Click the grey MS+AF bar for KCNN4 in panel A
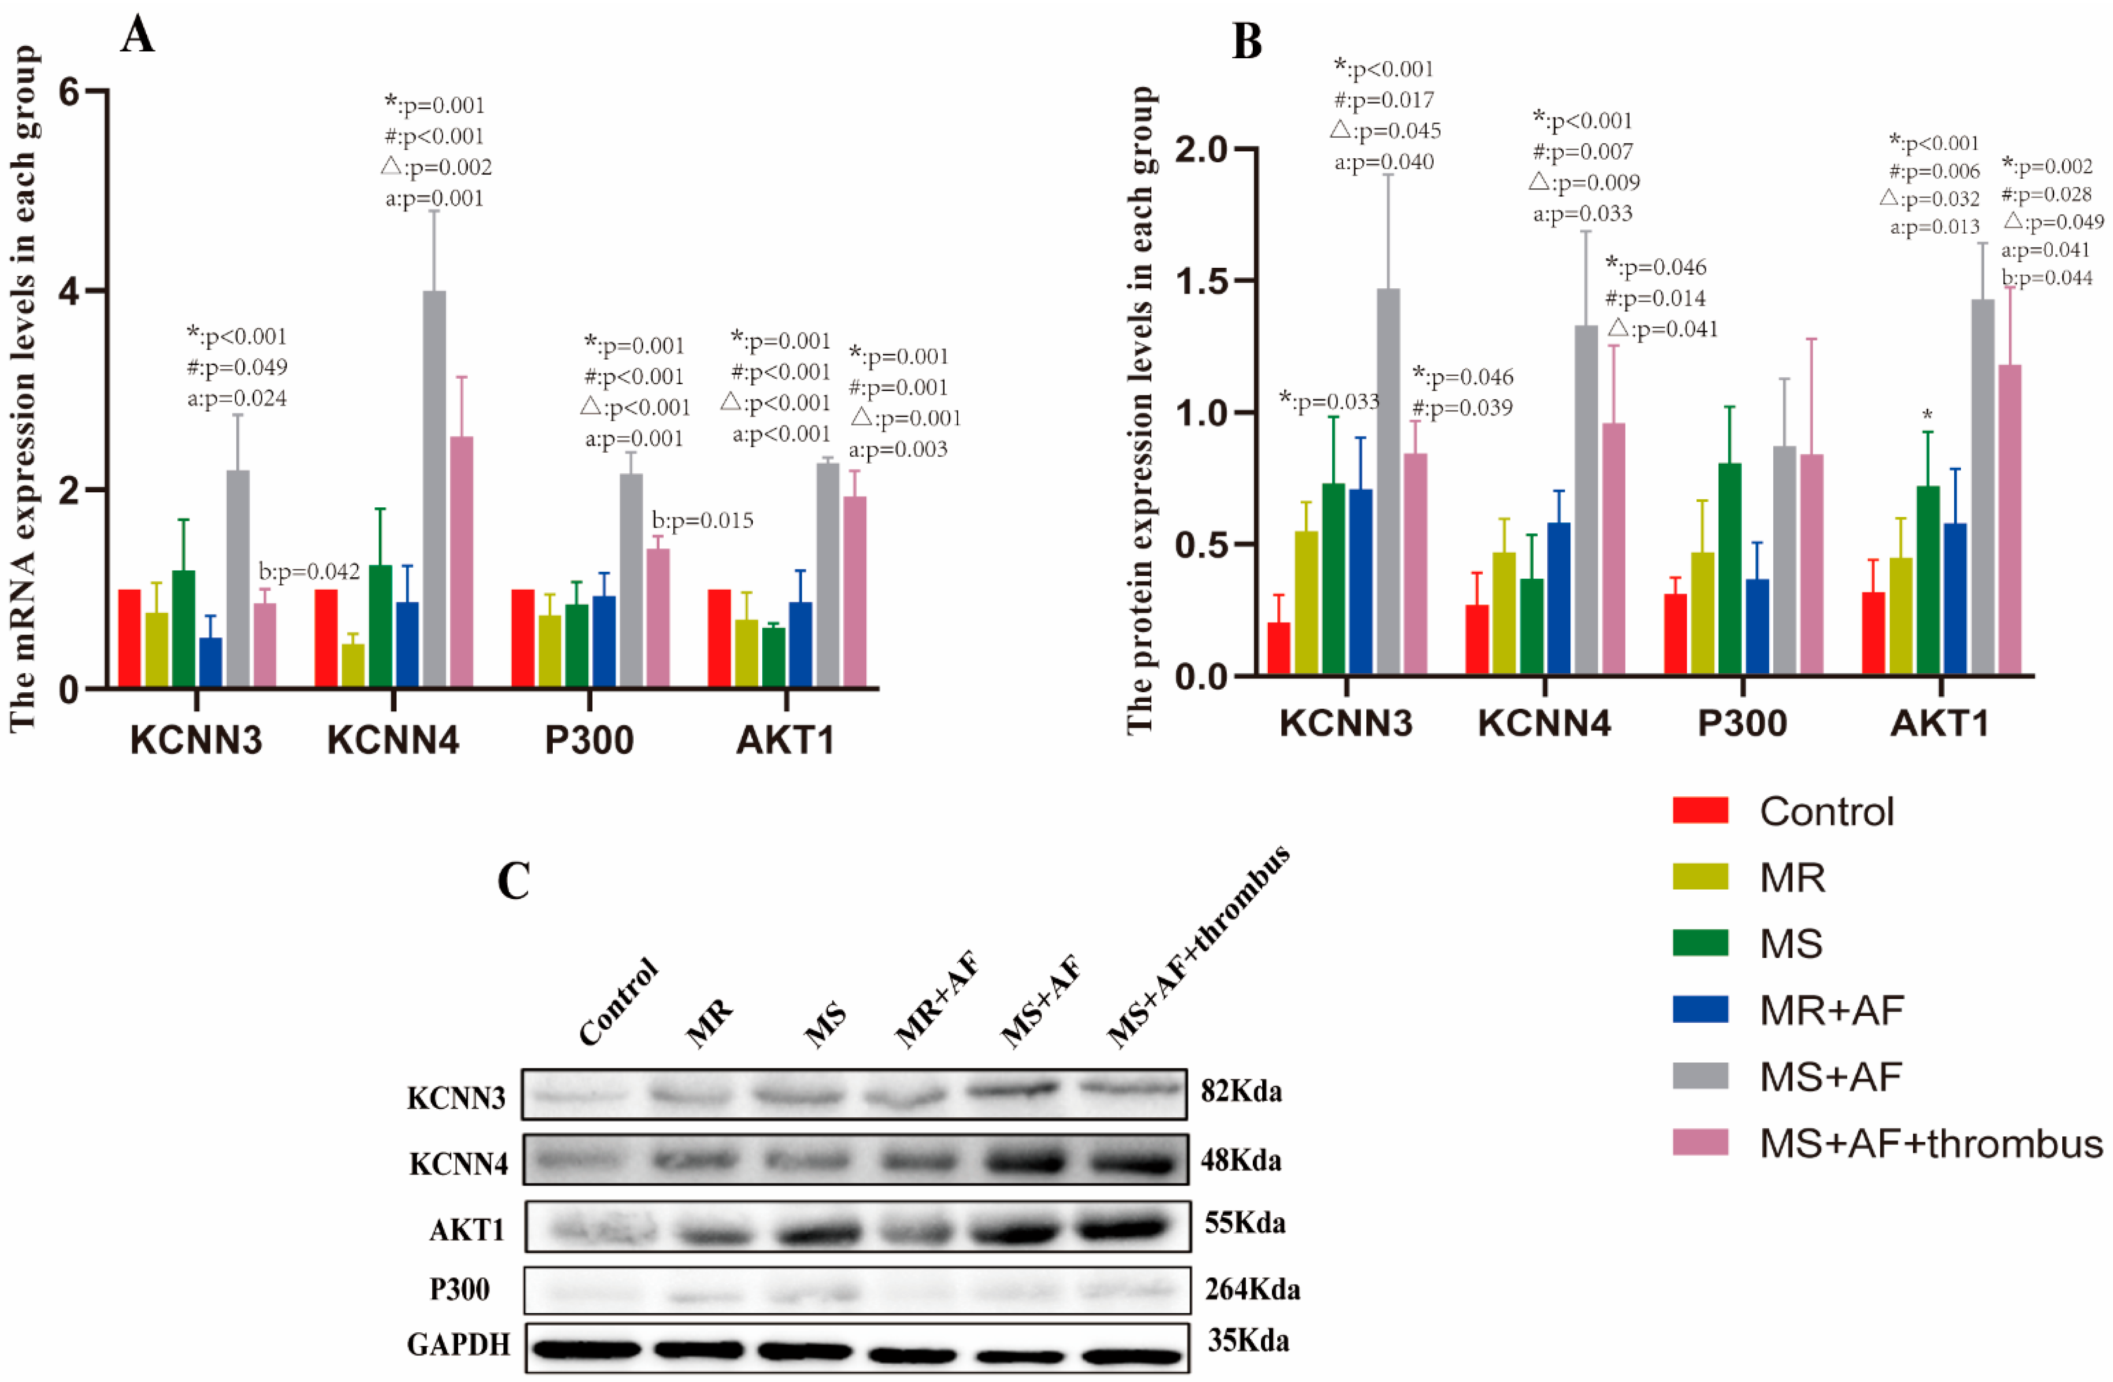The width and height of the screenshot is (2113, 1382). click(x=434, y=488)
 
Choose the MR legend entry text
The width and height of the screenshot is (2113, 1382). click(x=1792, y=878)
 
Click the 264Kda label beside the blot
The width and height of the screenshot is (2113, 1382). click(x=1252, y=1289)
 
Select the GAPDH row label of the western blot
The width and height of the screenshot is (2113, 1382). click(x=458, y=1345)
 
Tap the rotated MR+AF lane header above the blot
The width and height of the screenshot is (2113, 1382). click(x=937, y=999)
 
